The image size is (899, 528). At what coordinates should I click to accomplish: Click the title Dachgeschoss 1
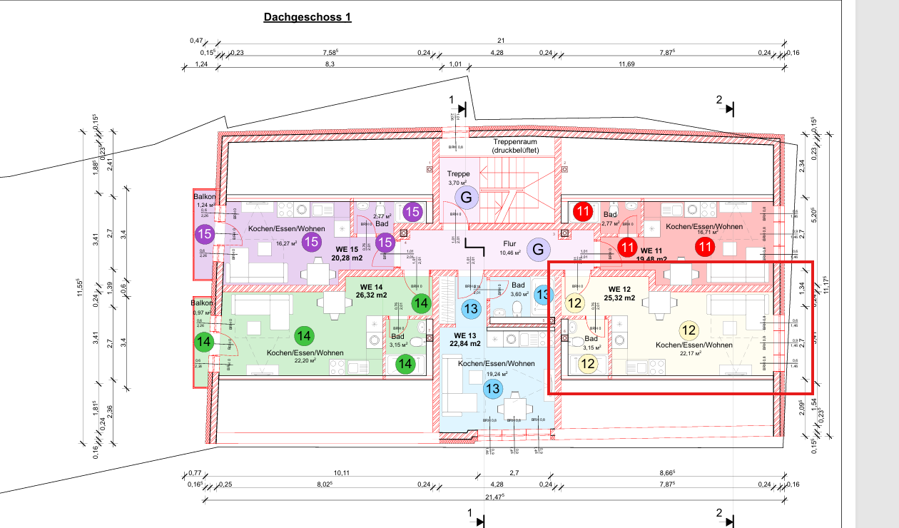(x=308, y=17)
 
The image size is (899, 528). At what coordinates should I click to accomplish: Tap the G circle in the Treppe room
(x=467, y=197)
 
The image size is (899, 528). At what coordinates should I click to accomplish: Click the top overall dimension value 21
(x=502, y=41)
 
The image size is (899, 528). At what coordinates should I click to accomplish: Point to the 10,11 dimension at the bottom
(x=341, y=473)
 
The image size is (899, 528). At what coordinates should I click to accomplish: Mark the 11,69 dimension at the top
(x=626, y=65)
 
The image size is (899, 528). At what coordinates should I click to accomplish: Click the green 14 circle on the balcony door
(x=205, y=342)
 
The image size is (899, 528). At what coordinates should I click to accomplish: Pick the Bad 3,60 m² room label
(x=518, y=289)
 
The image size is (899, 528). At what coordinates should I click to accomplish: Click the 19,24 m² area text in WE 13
(x=497, y=373)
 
